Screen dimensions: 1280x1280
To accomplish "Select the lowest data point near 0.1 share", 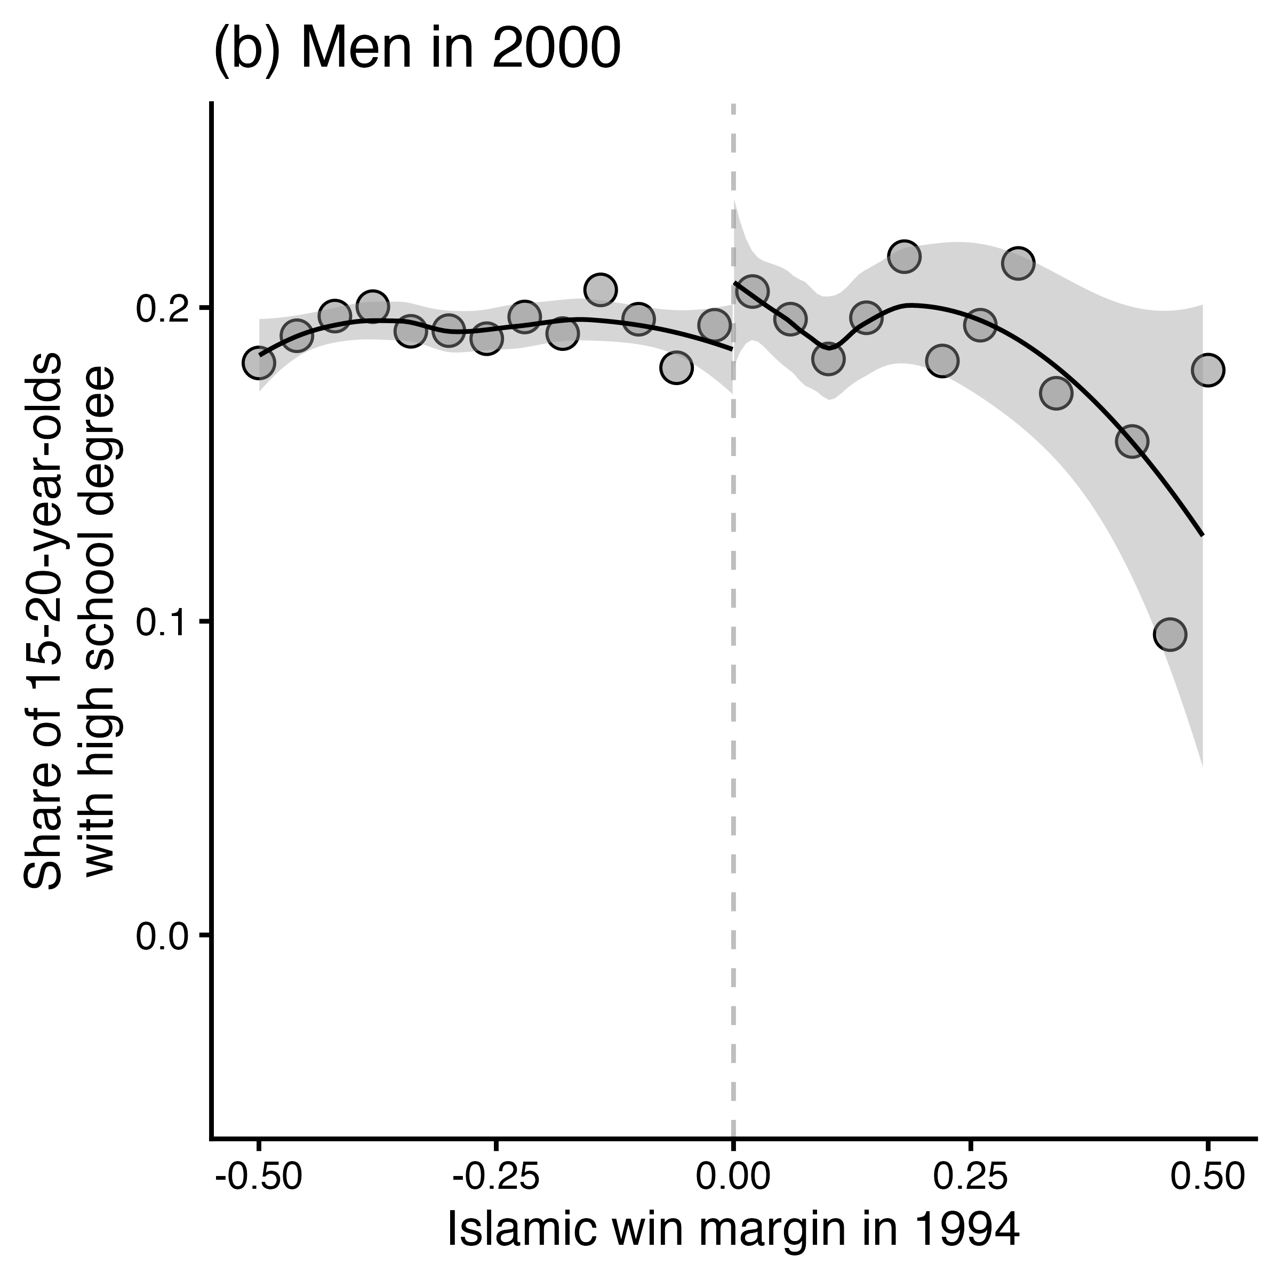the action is point(1170,635).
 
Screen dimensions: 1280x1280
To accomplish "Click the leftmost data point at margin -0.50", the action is point(259,363).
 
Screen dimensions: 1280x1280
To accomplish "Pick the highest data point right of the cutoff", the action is point(905,257).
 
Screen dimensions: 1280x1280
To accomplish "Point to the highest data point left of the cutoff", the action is point(601,290).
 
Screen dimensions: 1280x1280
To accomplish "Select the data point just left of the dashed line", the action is point(715,325).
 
